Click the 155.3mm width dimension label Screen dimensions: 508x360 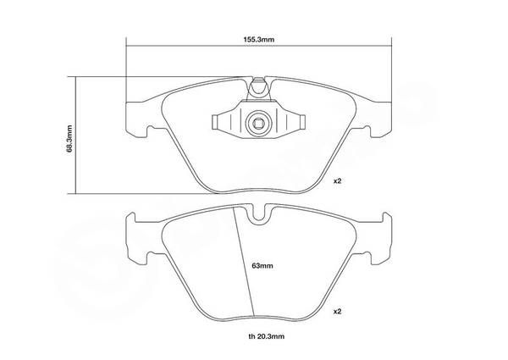tap(259, 40)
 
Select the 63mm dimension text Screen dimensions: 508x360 tap(262, 266)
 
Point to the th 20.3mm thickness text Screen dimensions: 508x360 tap(267, 336)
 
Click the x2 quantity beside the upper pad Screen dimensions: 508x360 tap(338, 181)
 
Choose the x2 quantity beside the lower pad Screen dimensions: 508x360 tap(338, 312)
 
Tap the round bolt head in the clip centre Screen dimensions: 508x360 tap(257, 123)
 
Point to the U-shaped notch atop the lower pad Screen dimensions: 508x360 tap(258, 213)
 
